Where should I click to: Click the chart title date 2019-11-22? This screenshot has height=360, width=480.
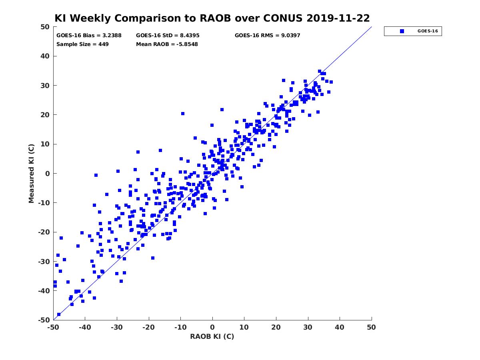[x=338, y=18]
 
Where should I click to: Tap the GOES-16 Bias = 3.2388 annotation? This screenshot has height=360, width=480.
[x=89, y=36]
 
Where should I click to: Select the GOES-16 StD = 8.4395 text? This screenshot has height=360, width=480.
[x=168, y=36]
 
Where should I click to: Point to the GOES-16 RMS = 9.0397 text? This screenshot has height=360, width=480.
[x=267, y=36]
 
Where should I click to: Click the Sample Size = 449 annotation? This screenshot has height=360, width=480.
[x=82, y=44]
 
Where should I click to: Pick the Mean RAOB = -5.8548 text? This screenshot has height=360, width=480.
[x=167, y=44]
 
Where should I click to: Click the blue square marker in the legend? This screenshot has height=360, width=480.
[x=402, y=31]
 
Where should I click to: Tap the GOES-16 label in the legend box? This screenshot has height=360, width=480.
[x=428, y=31]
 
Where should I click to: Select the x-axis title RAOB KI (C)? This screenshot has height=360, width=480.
[x=212, y=336]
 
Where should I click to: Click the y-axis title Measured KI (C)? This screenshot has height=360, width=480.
[x=31, y=173]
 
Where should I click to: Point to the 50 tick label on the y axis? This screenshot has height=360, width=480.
[x=45, y=27]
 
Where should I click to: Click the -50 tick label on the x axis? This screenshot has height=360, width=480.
[x=54, y=327]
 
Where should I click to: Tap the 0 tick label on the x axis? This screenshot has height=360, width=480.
[x=212, y=327]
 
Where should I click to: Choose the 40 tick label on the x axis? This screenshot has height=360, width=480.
[x=340, y=327]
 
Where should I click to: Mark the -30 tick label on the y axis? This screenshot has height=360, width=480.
[x=44, y=262]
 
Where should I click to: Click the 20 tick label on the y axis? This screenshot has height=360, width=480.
[x=45, y=115]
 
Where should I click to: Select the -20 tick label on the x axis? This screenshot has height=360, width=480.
[x=148, y=327]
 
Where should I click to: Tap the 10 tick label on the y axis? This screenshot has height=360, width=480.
[x=45, y=144]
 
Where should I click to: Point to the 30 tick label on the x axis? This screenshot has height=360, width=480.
[x=308, y=327]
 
